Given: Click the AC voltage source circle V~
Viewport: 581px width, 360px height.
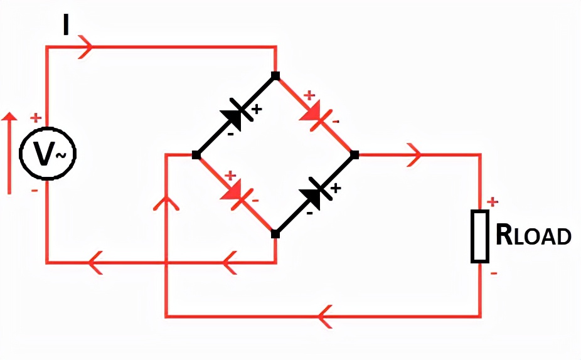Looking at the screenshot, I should pos(48,154).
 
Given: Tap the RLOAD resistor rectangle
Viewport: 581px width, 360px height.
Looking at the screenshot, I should pos(481,236).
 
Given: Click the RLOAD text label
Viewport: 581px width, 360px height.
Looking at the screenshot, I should pos(533,235).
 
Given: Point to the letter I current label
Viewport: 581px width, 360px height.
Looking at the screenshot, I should pos(66,25).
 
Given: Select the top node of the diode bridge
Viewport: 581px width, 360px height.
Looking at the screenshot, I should pos(275,76).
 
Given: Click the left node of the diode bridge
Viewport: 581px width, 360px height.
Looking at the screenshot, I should pos(196,155).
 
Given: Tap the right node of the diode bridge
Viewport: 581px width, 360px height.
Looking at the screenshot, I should pos(354,154).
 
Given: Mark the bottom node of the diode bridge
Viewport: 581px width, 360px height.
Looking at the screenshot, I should pos(275,234).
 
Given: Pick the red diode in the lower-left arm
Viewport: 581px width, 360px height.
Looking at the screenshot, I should pos(235,194).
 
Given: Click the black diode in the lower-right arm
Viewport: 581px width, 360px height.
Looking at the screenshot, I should pos(316,193).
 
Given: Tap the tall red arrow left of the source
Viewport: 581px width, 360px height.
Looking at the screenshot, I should pos(9,154).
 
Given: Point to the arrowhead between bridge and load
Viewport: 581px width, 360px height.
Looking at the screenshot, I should pos(414,154).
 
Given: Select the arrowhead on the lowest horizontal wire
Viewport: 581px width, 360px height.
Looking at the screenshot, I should pos(325,315).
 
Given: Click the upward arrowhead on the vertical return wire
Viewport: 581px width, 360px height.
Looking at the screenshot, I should pos(166,204).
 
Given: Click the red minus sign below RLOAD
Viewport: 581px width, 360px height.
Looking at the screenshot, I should pos(493,273).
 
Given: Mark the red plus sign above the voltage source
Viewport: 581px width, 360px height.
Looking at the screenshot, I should pos(36,117).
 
